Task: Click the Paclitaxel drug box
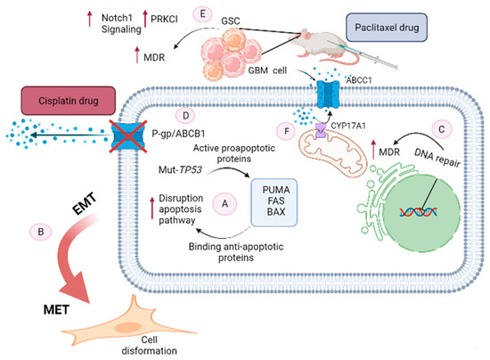pos(387,28)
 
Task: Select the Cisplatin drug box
pos(68,101)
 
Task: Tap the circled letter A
pos(225,204)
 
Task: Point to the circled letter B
pos(41,232)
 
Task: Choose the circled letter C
pos(442,129)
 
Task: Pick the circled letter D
pos(185,116)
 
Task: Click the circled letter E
pos(202,14)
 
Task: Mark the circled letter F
pos(287,131)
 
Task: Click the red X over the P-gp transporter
pos(127,136)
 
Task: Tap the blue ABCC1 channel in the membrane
pos(328,94)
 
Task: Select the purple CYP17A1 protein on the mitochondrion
pos(321,130)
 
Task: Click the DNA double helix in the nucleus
pos(418,212)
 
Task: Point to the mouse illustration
pos(322,47)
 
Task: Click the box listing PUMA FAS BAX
pos(274,202)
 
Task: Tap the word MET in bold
pos(56,310)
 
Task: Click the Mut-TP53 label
pos(180,169)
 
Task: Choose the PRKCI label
pos(164,19)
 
